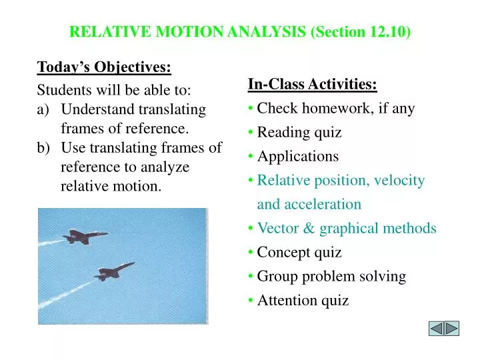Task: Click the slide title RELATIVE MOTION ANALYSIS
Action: click(189, 31)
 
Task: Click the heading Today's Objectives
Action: click(104, 67)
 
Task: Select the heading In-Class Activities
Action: click(312, 84)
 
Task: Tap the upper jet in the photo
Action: click(85, 237)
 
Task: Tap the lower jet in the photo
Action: click(115, 270)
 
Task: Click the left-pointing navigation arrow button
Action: click(436, 329)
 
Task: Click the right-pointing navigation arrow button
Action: click(452, 329)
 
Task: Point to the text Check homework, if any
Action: click(335, 108)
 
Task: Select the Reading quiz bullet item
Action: click(299, 132)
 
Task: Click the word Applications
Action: click(298, 156)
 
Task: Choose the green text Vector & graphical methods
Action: click(347, 228)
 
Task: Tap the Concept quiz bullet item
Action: click(299, 252)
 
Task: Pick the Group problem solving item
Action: click(331, 276)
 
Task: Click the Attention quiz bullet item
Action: click(303, 300)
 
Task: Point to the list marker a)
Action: click(43, 109)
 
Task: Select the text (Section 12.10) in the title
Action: click(361, 31)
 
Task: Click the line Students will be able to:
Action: click(114, 90)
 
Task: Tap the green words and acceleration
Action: click(309, 204)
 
